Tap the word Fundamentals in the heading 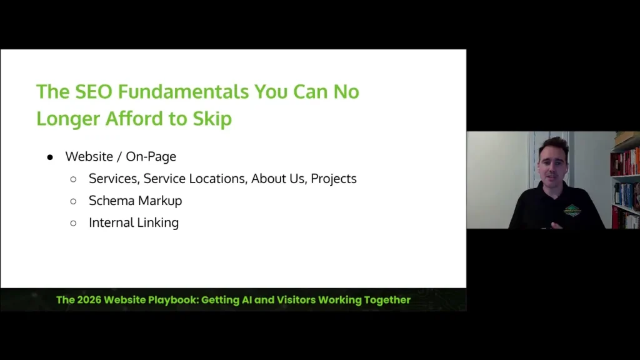tap(183, 92)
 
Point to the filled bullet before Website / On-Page tap(51, 156)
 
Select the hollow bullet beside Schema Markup tap(73, 201)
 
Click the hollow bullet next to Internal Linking tap(73, 223)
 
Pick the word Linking tap(158, 223)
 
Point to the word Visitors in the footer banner tap(294, 300)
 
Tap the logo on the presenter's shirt tap(572, 210)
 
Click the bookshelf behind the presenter tap(626, 181)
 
